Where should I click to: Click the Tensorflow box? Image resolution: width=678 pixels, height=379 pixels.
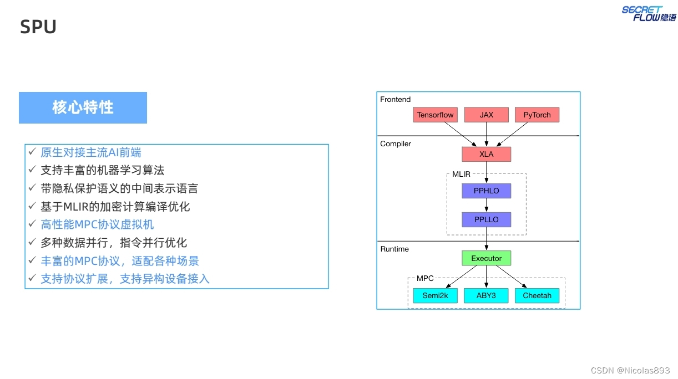click(435, 115)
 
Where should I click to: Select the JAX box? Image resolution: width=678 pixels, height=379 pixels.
click(486, 115)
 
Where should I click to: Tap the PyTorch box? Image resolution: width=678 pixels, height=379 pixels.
click(537, 115)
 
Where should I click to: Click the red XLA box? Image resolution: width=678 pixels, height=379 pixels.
click(486, 154)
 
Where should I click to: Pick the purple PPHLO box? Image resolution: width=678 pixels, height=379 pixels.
click(486, 191)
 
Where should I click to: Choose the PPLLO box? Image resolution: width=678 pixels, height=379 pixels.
click(486, 219)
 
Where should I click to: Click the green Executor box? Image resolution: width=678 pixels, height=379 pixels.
click(486, 258)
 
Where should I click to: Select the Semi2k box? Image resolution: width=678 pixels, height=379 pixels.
click(435, 295)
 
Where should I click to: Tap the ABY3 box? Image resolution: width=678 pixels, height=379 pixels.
click(486, 295)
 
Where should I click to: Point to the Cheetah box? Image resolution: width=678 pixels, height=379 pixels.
click(537, 295)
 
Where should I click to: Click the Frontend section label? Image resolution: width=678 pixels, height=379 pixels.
click(395, 100)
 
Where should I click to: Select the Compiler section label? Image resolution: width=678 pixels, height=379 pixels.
click(396, 144)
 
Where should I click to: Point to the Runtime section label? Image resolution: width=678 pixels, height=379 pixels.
click(394, 249)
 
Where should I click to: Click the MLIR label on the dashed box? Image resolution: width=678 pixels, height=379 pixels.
click(461, 174)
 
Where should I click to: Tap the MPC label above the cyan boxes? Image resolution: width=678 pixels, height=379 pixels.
click(425, 278)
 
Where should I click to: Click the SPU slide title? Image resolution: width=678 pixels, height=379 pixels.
click(38, 27)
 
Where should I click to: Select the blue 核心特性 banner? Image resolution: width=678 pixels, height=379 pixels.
click(83, 107)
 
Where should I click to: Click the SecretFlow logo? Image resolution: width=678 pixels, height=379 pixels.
click(649, 13)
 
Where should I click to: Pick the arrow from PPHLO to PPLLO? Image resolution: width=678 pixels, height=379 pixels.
click(487, 205)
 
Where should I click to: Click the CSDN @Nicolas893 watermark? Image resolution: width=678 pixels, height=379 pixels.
click(630, 370)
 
